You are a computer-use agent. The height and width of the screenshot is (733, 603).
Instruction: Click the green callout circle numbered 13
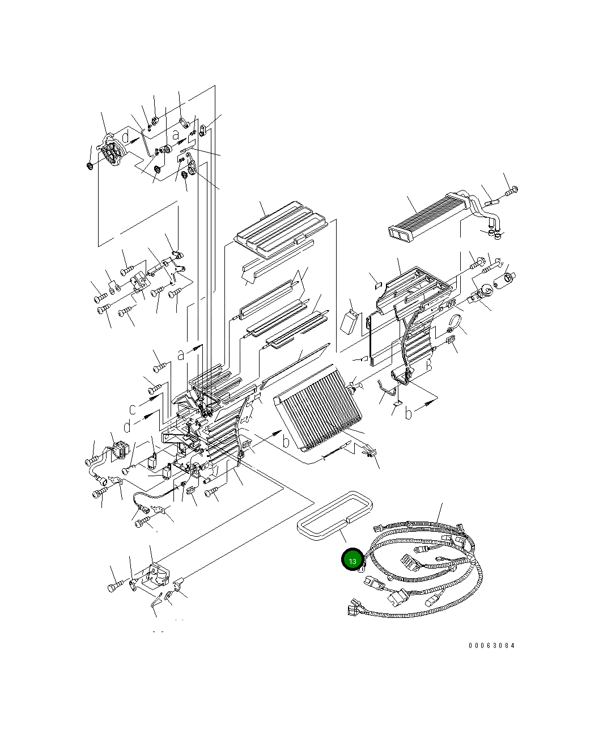pos(352,560)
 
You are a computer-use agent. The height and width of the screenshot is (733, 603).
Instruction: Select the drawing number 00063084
pos(491,646)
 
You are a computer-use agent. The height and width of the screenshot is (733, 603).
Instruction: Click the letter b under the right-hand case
pos(409,414)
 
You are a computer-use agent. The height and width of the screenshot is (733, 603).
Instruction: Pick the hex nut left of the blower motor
pos(90,166)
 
